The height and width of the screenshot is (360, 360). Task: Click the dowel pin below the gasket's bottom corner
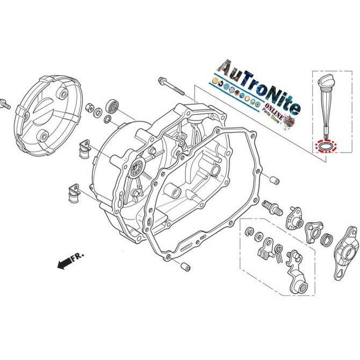[184, 265]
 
